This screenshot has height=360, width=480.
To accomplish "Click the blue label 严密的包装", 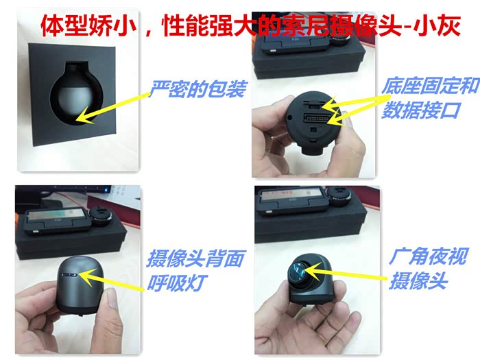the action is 197,89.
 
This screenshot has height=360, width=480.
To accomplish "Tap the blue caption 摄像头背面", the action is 196,259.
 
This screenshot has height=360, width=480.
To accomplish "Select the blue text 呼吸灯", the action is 177,283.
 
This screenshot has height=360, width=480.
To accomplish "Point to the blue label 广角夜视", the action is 429,256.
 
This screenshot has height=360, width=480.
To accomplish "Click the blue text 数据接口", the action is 422,110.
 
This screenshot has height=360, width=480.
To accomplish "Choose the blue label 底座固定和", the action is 431,86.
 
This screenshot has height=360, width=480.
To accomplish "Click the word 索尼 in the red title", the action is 281,26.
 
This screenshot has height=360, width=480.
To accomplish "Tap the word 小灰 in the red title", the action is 437,26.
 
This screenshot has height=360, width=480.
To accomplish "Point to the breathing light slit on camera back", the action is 69,275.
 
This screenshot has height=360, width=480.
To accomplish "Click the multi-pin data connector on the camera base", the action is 317,118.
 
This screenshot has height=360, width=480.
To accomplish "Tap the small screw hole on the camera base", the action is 289,117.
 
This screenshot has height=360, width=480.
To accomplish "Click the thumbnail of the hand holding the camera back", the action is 77,269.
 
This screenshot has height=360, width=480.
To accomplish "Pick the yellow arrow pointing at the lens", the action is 346,272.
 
